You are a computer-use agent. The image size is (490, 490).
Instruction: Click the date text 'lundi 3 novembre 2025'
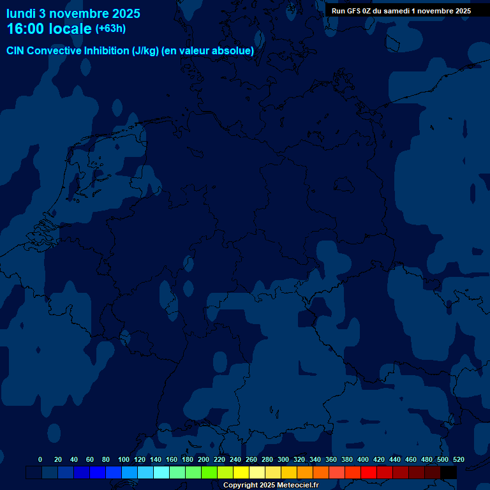click(73, 13)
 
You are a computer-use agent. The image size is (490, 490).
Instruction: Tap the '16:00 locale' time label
click(49, 29)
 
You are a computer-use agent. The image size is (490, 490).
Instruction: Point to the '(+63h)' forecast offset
click(110, 29)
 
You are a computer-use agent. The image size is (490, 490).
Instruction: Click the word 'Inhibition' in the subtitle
click(106, 51)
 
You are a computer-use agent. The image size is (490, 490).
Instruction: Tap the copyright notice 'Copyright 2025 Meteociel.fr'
click(271, 485)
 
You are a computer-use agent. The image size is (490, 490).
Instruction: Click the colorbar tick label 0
click(40, 459)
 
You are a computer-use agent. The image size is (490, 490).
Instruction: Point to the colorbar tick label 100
click(124, 459)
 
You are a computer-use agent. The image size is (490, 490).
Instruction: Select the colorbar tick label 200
click(204, 459)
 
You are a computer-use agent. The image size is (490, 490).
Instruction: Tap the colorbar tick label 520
click(458, 459)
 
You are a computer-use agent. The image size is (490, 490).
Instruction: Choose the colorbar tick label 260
click(251, 459)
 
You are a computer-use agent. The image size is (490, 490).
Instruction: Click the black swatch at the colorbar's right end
click(449, 472)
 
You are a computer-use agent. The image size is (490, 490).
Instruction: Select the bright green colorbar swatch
click(209, 472)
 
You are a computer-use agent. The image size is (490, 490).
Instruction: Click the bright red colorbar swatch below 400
click(369, 472)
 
